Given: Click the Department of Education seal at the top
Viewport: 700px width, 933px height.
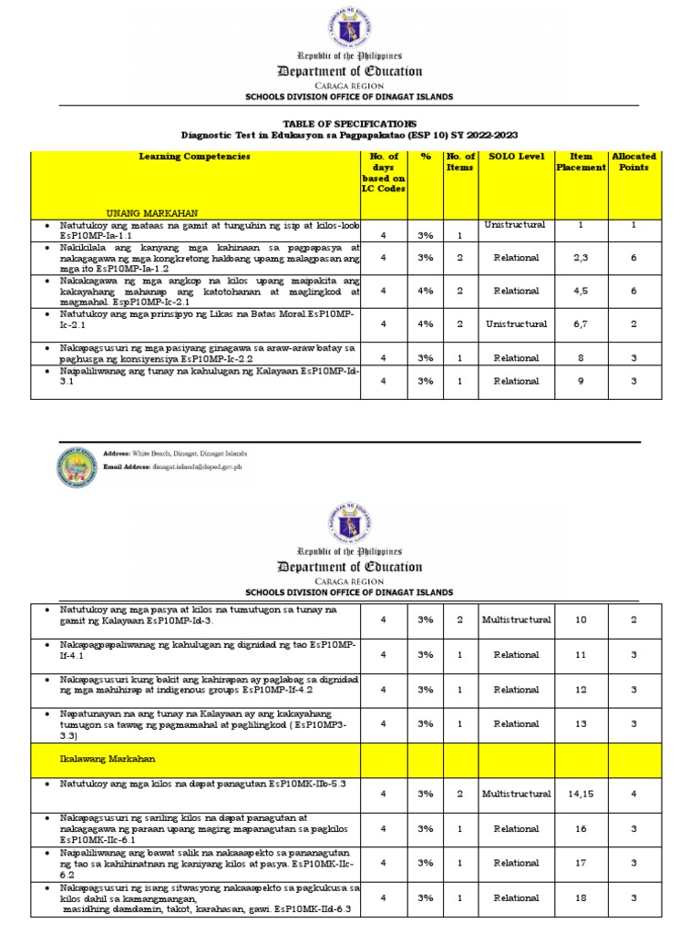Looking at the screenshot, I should point(350,26).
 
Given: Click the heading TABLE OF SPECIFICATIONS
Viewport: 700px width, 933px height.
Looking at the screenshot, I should point(350,122).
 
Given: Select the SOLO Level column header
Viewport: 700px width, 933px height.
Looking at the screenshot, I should point(516,157).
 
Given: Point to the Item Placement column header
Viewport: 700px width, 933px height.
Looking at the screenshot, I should point(581,161).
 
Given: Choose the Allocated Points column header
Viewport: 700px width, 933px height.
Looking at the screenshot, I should point(633,161).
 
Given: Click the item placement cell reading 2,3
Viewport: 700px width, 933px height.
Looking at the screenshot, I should point(581,258).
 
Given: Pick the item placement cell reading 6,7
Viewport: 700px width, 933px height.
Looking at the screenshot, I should point(581,323).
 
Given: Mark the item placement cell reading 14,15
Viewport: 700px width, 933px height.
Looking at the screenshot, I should point(581,795).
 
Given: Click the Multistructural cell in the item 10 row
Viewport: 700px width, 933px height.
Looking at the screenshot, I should point(516,620).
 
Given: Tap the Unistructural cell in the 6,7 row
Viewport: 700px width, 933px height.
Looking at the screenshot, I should point(516,323).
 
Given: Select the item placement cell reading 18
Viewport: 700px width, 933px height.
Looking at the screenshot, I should point(581,898).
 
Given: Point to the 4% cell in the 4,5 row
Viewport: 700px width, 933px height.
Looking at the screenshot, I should point(425,291).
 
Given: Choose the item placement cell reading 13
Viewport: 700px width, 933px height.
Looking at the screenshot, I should point(581,723).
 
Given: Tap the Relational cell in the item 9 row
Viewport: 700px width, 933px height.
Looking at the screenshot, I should point(516,382).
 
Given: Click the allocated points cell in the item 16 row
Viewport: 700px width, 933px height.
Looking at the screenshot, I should point(633,829).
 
